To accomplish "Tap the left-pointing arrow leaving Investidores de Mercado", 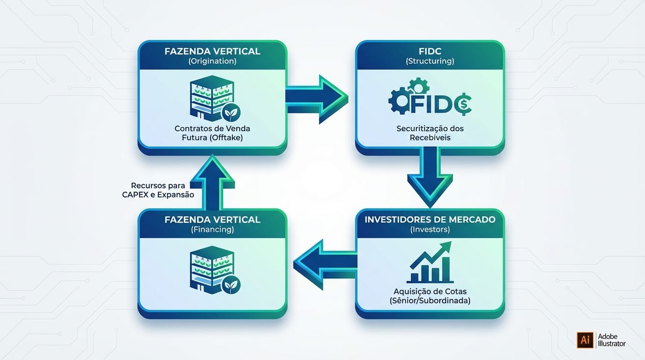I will pyautogui.click(x=323, y=264).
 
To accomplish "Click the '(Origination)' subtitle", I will pyautogui.click(x=212, y=61).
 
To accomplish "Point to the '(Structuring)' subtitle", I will pyautogui.click(x=429, y=61).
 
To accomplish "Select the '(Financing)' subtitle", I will pyautogui.click(x=212, y=230).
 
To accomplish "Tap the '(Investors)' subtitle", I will pyautogui.click(x=429, y=230).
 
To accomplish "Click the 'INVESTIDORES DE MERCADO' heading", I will pyautogui.click(x=429, y=219).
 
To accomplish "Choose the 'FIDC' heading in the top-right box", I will pyautogui.click(x=429, y=51).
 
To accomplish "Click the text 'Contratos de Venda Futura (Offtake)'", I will pyautogui.click(x=212, y=133).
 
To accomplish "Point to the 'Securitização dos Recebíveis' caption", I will pyautogui.click(x=429, y=133).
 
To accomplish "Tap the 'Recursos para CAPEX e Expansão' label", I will pyautogui.click(x=162, y=190).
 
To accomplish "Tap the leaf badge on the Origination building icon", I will pyautogui.click(x=231, y=113).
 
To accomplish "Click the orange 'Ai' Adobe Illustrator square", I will pyautogui.click(x=585, y=340).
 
